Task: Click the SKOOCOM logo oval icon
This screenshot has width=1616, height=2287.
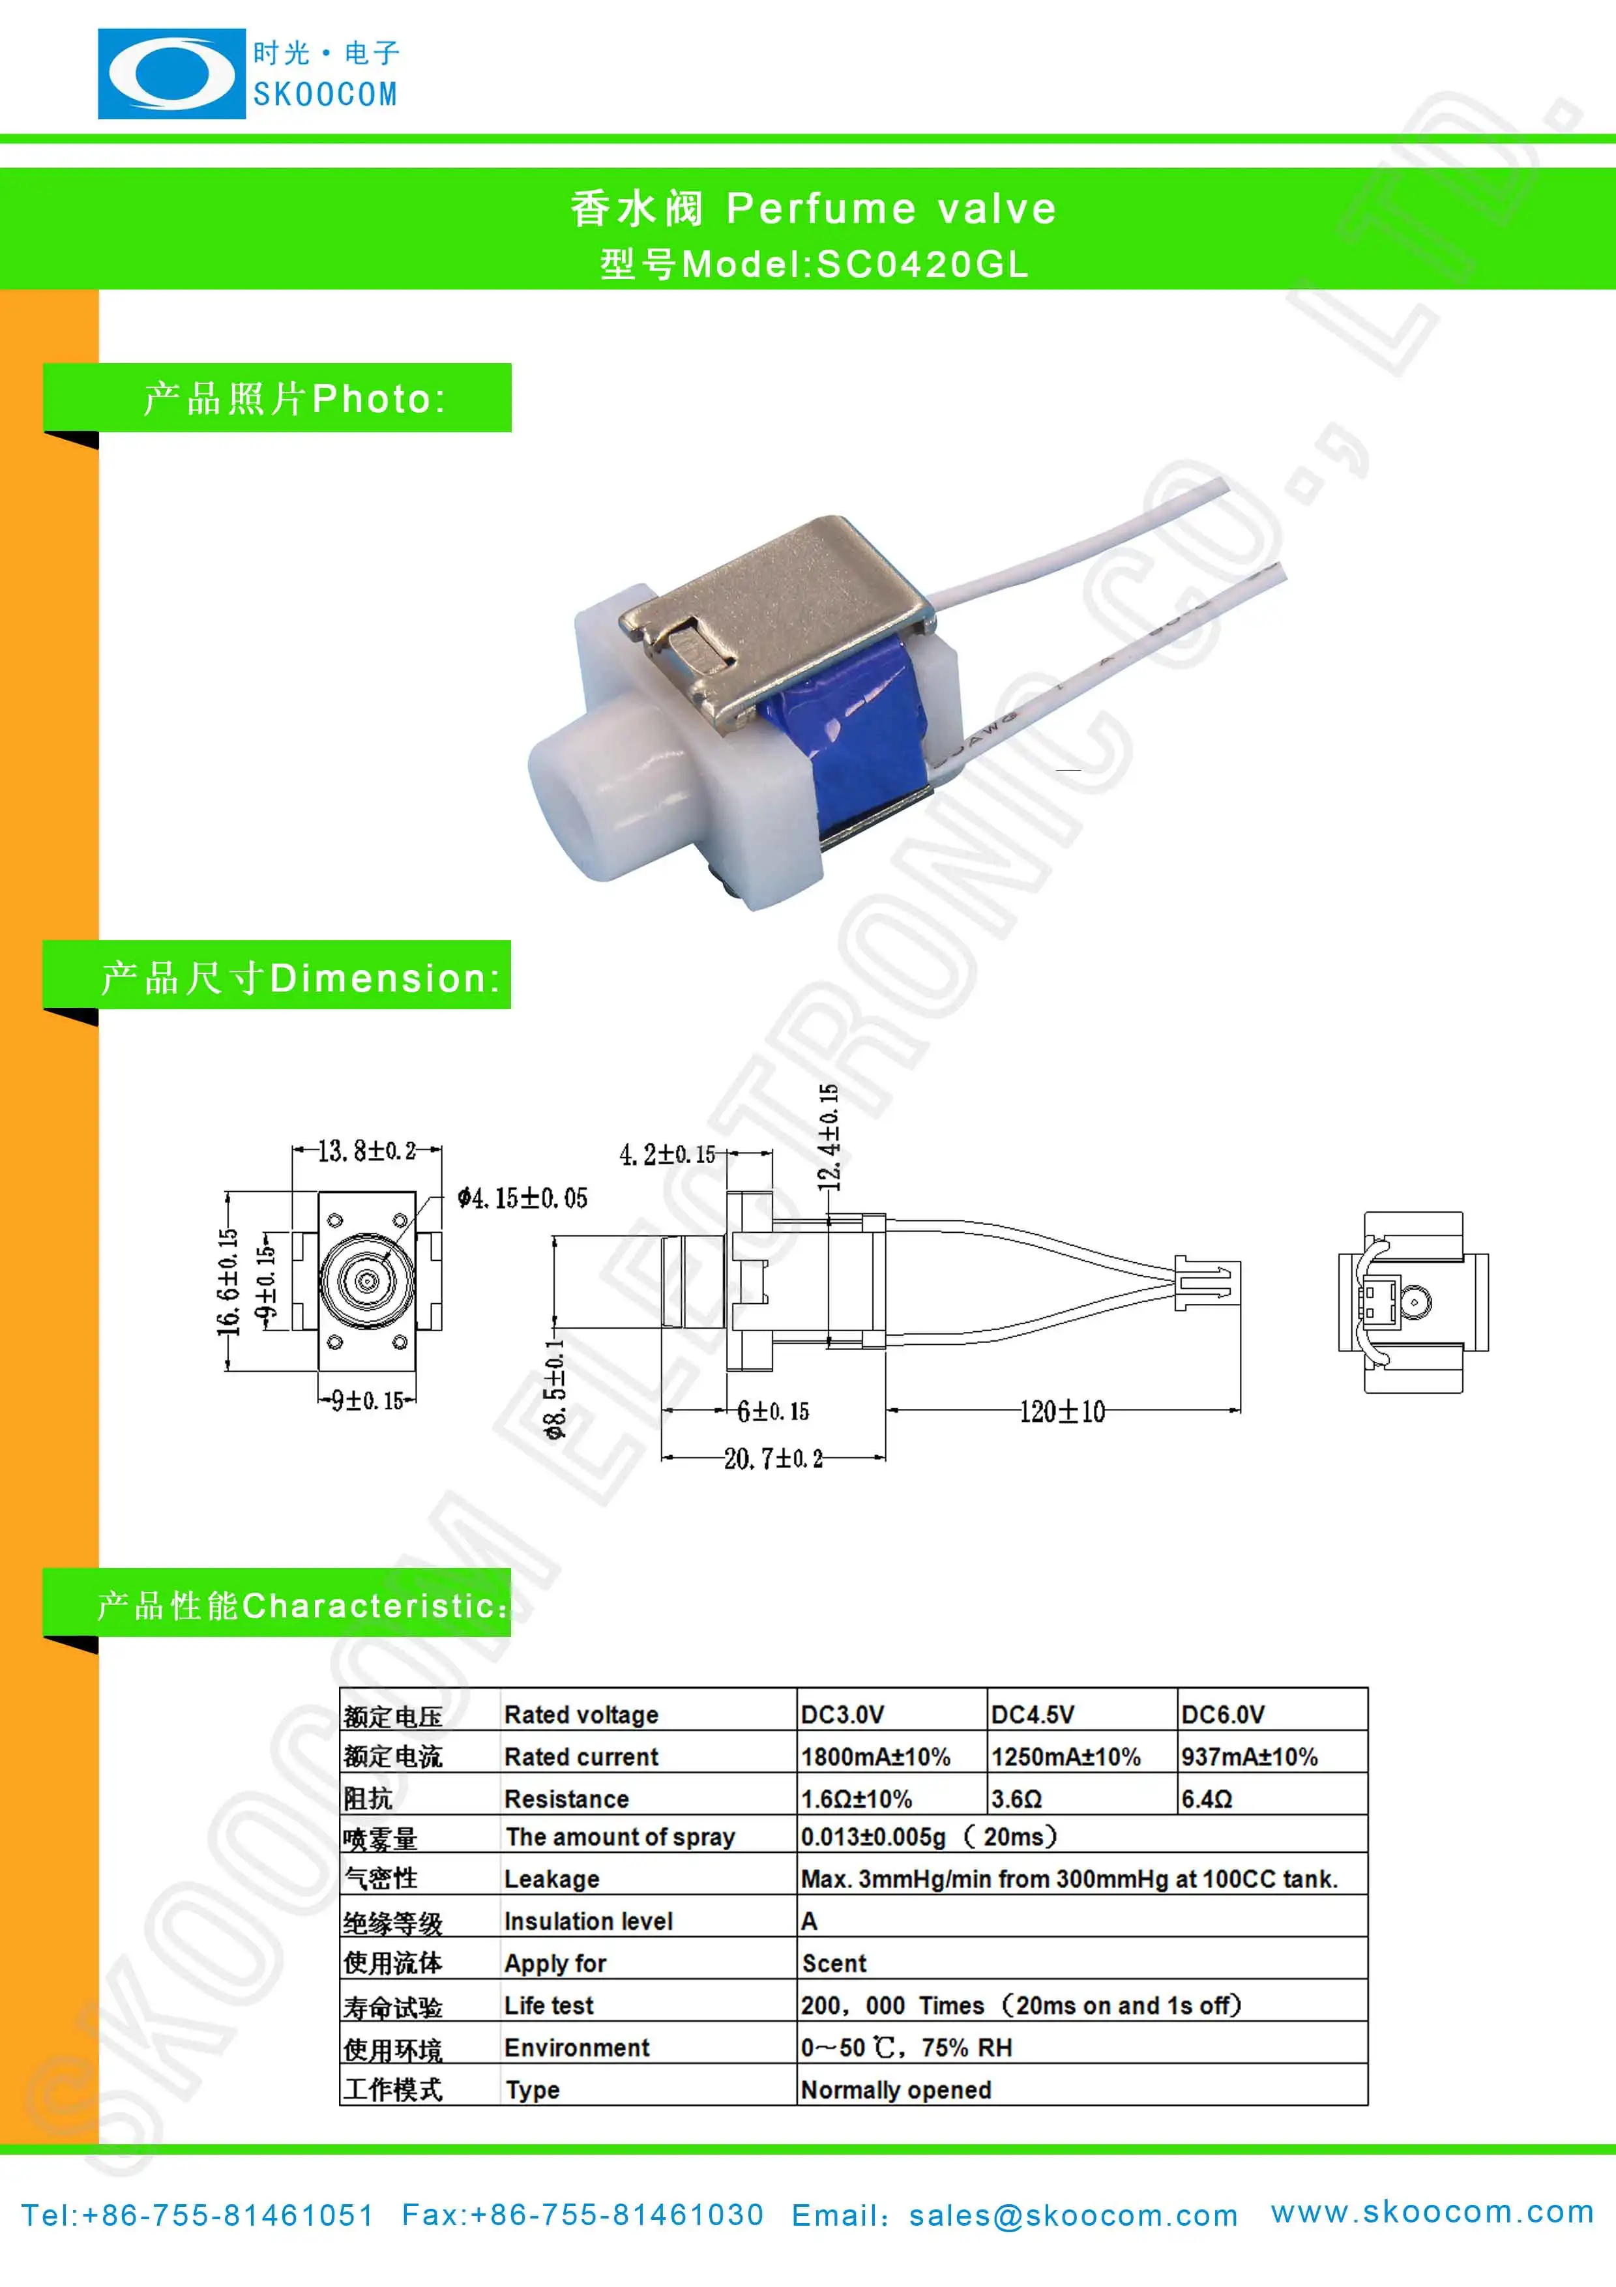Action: (171, 74)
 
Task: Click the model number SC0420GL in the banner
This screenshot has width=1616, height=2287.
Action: (922, 264)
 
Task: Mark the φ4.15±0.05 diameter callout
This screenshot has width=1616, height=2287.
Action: (523, 1198)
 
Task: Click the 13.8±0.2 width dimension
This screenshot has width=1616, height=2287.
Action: (366, 1151)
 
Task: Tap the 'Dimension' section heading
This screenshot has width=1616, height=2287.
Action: (383, 978)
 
